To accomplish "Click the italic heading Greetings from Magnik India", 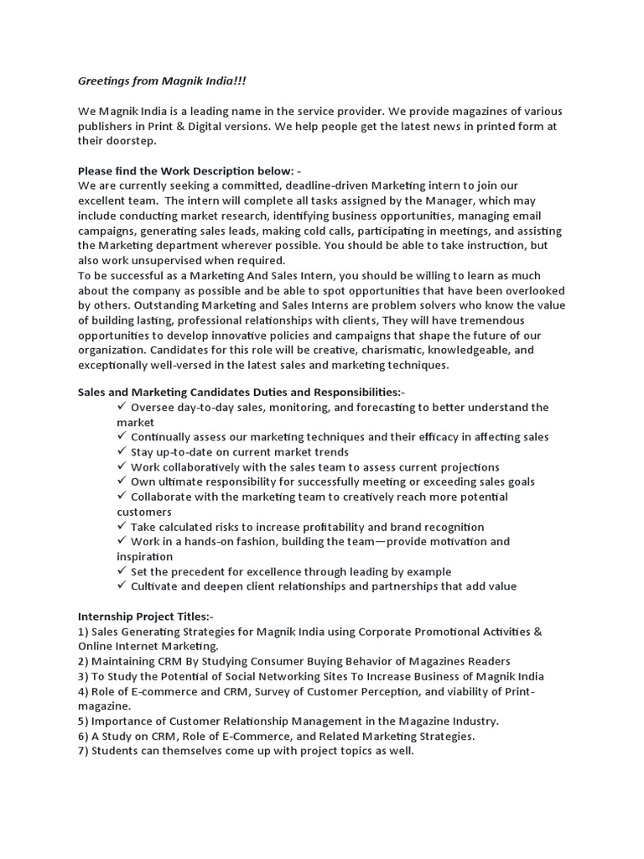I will coord(163,81).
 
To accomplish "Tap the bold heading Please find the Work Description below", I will coord(188,171).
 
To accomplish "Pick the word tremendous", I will coord(484,320).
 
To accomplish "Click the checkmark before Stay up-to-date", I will coord(122,451).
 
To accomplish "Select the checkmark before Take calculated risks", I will coord(122,527).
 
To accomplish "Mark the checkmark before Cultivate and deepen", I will coord(122,586).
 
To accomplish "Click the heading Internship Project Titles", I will coord(146,617).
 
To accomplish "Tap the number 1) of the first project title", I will coord(85,632).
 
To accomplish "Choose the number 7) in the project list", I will coord(85,751).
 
